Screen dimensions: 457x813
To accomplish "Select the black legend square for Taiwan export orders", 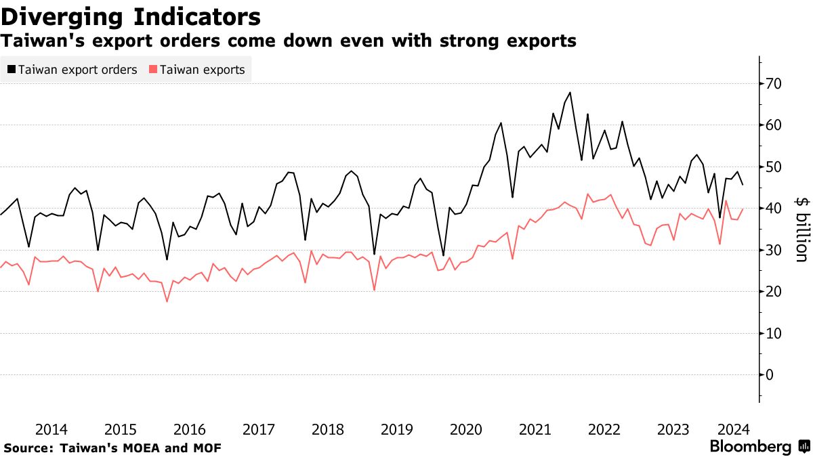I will (12, 69).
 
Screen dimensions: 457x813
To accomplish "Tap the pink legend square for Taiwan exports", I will (152, 69).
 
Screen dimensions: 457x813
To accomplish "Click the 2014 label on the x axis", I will (51, 430).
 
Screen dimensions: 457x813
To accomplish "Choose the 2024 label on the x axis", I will (732, 430).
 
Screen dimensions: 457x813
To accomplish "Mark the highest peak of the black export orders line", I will (570, 92).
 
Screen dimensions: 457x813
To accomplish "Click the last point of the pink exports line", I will (743, 209).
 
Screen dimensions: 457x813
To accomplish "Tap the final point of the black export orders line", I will (743, 185).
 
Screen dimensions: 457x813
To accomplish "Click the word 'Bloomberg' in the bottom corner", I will (750, 447).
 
